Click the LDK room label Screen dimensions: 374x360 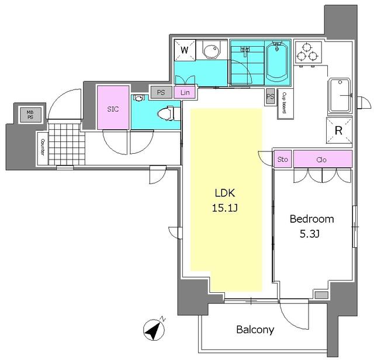click(x=224, y=193)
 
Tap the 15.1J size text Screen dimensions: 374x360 click(x=224, y=208)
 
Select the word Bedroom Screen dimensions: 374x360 click(x=311, y=219)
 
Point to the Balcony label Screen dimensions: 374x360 click(x=255, y=330)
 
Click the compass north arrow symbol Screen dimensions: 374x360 click(x=154, y=330)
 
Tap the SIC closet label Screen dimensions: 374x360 click(x=113, y=109)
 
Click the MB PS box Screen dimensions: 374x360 click(x=30, y=115)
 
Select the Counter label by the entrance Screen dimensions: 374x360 click(x=43, y=147)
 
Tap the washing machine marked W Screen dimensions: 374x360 click(x=185, y=50)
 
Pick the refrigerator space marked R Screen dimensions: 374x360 click(x=339, y=130)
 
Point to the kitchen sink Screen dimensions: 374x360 click(x=339, y=95)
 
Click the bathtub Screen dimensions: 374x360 click(x=277, y=62)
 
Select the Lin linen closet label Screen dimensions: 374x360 click(x=185, y=92)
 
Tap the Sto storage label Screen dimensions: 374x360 click(x=283, y=159)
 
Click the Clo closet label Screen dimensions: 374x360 click(x=321, y=160)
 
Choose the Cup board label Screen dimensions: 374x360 click(x=285, y=103)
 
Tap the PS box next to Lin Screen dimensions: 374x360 click(x=161, y=92)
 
